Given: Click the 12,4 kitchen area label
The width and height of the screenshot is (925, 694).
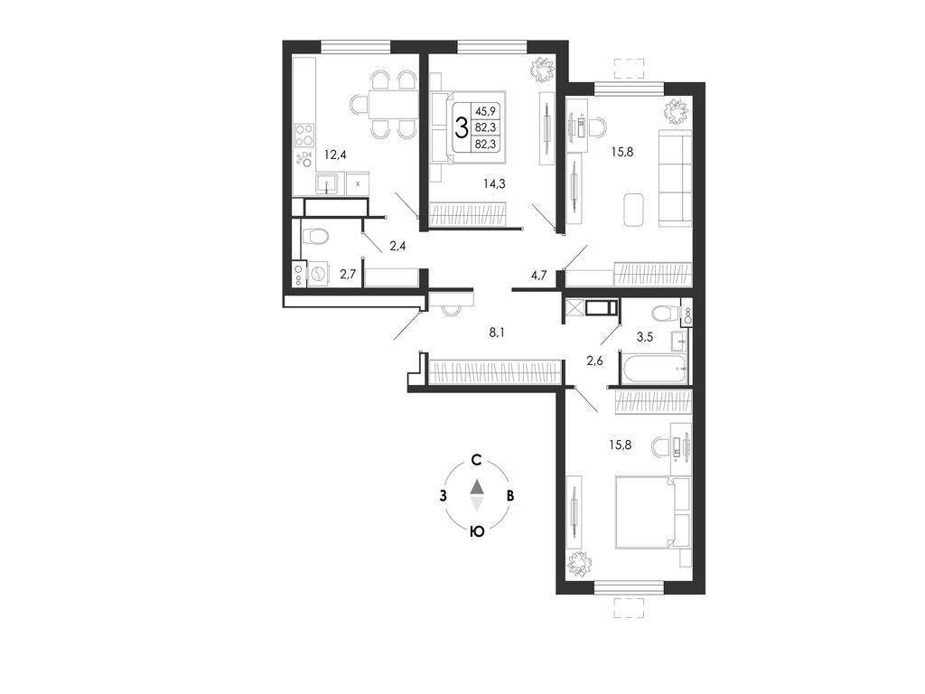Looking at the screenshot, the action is click(x=334, y=155).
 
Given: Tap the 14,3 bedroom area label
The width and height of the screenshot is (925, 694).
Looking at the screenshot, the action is click(x=494, y=183).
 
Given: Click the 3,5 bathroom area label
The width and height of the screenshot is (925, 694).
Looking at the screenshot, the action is click(x=644, y=338).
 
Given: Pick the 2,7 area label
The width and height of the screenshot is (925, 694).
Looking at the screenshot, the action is click(x=347, y=273).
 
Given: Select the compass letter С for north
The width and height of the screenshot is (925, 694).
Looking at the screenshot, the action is click(x=477, y=460).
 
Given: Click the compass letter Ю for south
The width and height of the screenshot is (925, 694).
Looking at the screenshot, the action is click(x=477, y=531).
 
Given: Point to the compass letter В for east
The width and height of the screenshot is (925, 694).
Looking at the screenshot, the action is click(x=511, y=496).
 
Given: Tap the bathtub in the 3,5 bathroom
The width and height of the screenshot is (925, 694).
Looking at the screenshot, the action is click(x=654, y=368).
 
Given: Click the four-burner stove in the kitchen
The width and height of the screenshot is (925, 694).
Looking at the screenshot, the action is click(x=304, y=136).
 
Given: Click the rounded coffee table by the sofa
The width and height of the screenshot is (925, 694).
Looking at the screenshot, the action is click(x=634, y=210).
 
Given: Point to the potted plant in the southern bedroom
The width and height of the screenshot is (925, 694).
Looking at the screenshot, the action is click(x=580, y=564).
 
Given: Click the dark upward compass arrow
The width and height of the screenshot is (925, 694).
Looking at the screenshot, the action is click(x=477, y=486).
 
